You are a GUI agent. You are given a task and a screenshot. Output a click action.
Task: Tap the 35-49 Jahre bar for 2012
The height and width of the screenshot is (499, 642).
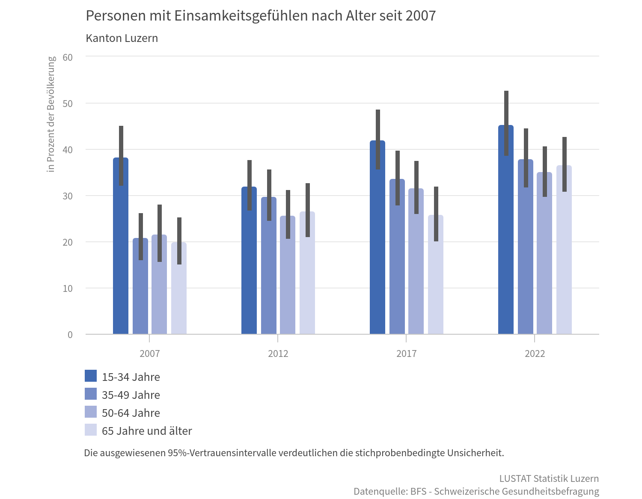point(269,278)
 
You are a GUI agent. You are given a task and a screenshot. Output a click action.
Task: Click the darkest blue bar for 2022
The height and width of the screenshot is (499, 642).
point(506,257)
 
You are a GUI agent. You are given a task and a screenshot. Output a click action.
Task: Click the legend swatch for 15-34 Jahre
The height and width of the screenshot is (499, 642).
point(91,376)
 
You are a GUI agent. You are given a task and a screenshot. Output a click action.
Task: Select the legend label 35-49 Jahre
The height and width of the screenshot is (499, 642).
point(131,395)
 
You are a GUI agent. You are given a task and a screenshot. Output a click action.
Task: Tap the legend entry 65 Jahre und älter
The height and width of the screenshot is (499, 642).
point(146,431)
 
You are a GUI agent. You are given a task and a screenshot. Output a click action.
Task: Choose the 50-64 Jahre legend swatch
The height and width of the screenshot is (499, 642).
point(91,412)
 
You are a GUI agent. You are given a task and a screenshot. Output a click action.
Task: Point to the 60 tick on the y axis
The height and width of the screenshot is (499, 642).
point(68,57)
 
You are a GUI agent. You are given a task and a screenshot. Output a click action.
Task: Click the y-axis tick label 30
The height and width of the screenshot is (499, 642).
point(68,196)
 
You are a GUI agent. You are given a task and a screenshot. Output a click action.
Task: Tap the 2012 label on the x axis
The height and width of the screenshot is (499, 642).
point(278,353)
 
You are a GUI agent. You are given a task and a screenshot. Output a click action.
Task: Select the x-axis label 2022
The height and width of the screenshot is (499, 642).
point(535,353)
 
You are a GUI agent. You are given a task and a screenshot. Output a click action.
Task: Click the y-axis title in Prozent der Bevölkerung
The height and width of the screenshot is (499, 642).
point(51,114)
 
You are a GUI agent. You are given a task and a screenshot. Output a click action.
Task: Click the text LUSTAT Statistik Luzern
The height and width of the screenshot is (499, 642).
point(549,478)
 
